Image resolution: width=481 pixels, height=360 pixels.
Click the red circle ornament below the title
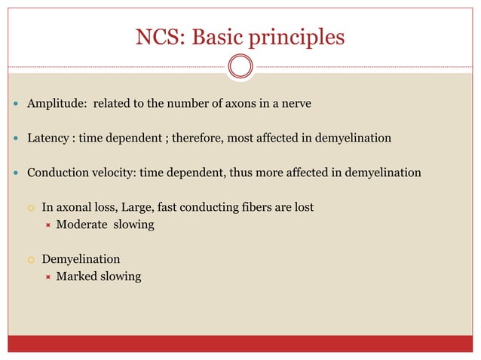[240, 66]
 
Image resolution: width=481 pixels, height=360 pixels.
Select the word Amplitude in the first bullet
[56, 104]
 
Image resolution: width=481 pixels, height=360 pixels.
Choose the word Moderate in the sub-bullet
[82, 224]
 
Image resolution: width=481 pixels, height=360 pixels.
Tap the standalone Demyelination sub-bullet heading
[81, 259]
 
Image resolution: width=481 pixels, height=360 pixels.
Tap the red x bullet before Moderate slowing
[47, 225]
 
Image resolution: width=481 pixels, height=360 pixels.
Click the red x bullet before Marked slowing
[47, 277]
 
